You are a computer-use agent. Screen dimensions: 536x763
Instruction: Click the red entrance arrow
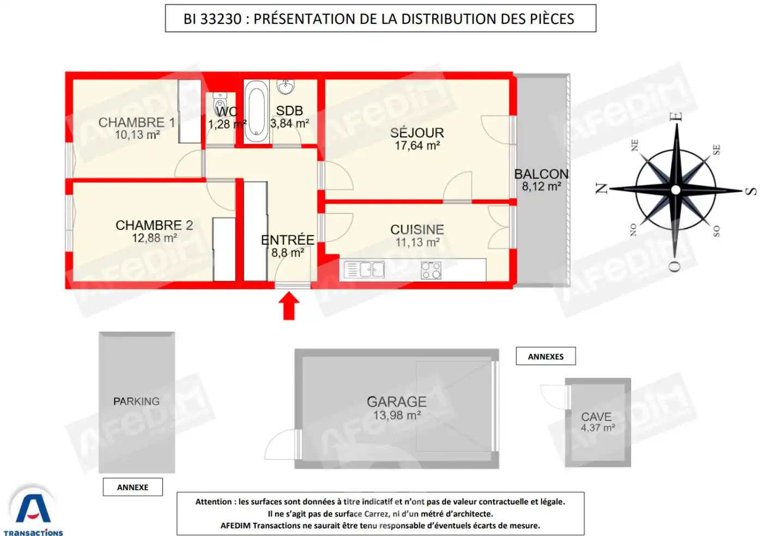[289, 306]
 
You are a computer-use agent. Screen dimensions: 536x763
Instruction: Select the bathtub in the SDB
[256, 111]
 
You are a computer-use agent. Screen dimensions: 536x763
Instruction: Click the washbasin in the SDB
[286, 86]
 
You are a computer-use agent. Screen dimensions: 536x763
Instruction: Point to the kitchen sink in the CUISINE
[365, 270]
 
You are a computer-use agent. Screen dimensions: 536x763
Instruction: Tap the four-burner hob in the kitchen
[431, 270]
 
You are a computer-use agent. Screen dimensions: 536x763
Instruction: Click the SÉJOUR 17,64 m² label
[417, 139]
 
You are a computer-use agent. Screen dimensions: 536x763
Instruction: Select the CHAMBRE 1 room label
[136, 123]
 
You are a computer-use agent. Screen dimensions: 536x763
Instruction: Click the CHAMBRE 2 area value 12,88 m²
[154, 238]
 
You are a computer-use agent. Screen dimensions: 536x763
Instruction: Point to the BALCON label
[541, 174]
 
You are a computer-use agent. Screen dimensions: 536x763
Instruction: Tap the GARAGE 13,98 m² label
[397, 408]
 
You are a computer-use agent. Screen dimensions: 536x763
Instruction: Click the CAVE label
[596, 417]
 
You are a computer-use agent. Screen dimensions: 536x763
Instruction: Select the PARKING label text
[136, 401]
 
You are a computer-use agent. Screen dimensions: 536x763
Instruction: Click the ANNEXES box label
[546, 357]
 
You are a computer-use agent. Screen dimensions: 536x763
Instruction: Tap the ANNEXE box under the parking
[132, 488]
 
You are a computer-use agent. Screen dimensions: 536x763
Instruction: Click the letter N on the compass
[602, 188]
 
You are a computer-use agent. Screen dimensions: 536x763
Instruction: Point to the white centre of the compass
[676, 190]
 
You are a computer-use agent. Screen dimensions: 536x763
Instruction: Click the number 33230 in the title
[221, 19]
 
